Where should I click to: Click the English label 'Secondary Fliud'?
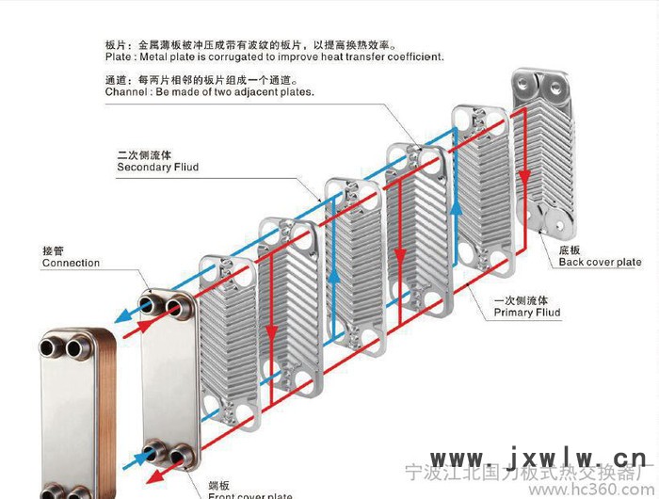pos(157,168)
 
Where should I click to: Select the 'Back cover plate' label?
pos(600,263)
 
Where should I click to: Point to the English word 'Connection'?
pos(71,263)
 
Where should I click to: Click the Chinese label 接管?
pos(53,250)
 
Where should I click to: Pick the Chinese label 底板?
pos(571,250)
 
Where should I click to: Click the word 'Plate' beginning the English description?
pos(119,57)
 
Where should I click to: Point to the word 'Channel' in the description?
pos(126,93)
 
